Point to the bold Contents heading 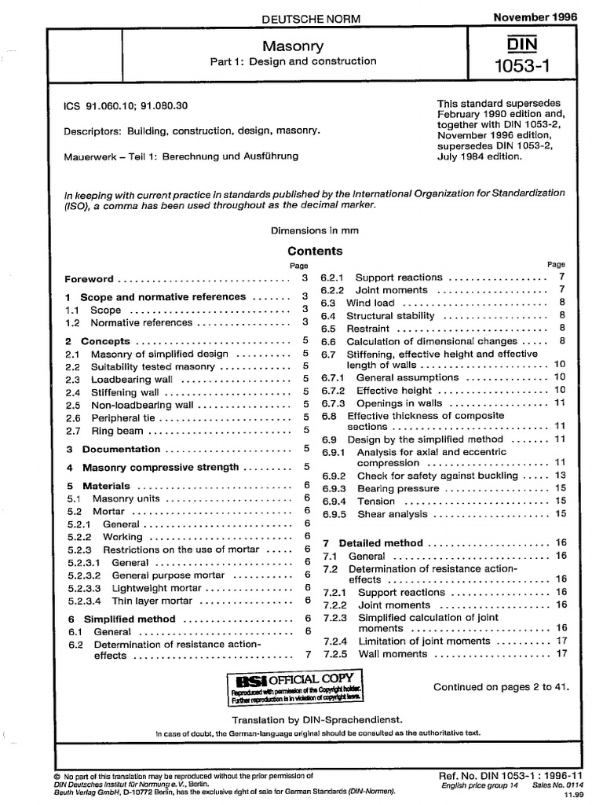(315, 252)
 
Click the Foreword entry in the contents (89, 279)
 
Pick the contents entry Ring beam (117, 431)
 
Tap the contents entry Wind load (371, 302)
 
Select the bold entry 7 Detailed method (373, 543)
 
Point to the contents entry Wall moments (393, 653)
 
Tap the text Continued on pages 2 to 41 (501, 687)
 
